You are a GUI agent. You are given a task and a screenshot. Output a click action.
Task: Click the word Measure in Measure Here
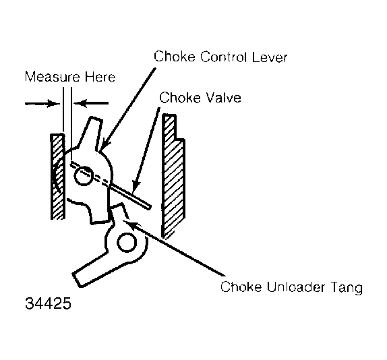pos(53,77)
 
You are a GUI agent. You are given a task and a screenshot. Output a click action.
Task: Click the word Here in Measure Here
pos(100,77)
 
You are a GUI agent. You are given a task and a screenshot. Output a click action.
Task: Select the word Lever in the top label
pos(270,57)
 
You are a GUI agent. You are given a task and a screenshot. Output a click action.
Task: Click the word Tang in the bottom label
pos(344,288)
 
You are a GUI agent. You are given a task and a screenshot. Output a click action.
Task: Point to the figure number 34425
pos(48,303)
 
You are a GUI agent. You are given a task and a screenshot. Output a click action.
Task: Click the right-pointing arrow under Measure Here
pos(42,104)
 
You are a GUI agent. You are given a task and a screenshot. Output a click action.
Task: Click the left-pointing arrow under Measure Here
pos(91,103)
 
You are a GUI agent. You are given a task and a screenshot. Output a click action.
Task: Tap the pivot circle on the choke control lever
pos(84,176)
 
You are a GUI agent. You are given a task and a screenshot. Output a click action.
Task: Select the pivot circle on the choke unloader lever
pos(127,242)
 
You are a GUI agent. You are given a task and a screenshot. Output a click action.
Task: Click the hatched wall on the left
pos(58,177)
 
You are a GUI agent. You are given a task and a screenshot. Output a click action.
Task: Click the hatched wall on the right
pos(173,177)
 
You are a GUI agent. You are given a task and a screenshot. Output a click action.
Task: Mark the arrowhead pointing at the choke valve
pos(136,187)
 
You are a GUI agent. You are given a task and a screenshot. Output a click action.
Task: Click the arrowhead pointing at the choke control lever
pos(104,146)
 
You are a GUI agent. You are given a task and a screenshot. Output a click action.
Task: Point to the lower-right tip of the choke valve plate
pos(148,208)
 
